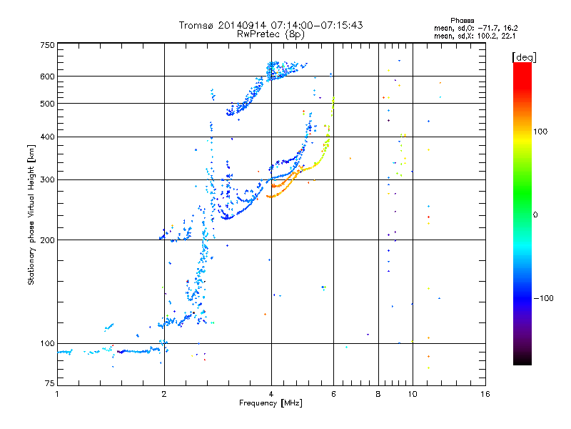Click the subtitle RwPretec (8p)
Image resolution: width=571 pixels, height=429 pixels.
(271, 34)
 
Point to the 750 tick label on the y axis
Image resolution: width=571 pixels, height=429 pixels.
(47, 45)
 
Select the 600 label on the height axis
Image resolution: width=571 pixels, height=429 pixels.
(47, 77)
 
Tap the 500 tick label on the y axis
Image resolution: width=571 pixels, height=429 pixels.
(47, 104)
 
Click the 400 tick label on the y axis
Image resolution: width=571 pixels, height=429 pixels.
(47, 137)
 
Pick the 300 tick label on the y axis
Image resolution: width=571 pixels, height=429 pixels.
(47, 180)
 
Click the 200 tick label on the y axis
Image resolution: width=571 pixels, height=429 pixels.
(47, 240)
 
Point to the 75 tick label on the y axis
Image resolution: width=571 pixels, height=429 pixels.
(50, 383)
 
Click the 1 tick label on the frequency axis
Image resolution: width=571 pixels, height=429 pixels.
(57, 394)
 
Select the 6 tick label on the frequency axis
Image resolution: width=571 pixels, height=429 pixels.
(333, 394)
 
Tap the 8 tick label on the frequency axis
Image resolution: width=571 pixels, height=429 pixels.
(378, 394)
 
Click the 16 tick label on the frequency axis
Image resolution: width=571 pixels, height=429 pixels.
(485, 394)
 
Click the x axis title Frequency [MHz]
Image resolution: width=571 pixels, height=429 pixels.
(271, 403)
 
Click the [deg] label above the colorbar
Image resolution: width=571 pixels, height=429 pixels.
(524, 57)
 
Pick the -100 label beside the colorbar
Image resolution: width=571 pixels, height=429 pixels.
(543, 298)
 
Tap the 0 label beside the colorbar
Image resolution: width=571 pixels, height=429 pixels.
(535, 215)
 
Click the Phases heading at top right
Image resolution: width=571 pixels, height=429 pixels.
(463, 21)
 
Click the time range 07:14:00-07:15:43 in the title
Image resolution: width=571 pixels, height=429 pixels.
(317, 25)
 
